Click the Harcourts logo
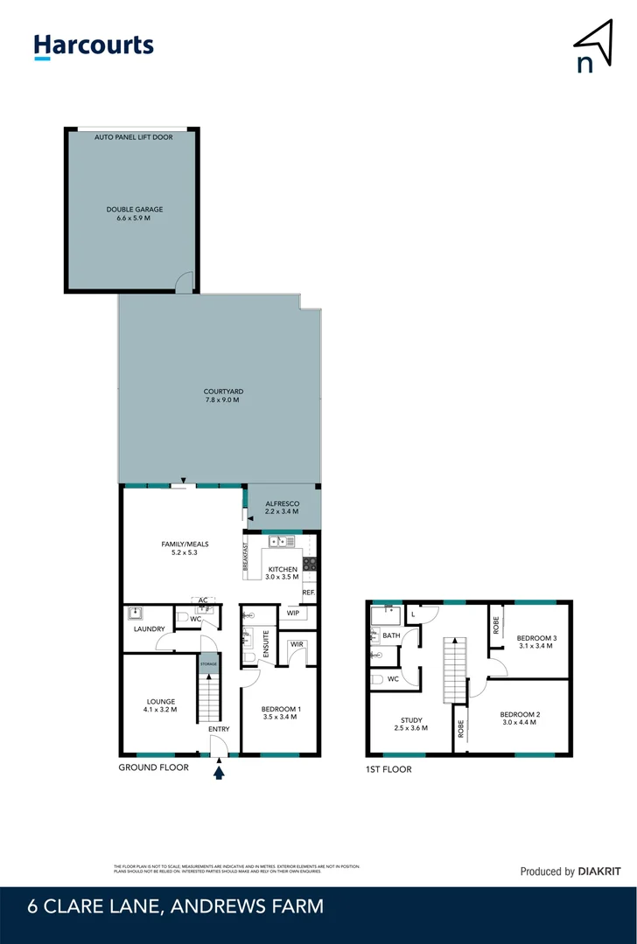tap(94, 46)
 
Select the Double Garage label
tap(135, 214)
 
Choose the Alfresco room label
tap(283, 507)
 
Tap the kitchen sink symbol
tap(282, 543)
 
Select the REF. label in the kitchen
tap(308, 593)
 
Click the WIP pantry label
tap(292, 614)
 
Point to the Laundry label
tap(150, 628)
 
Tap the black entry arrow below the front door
tap(219, 771)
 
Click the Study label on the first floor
tap(410, 724)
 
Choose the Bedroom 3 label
tap(536, 642)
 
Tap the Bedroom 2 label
tap(521, 718)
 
